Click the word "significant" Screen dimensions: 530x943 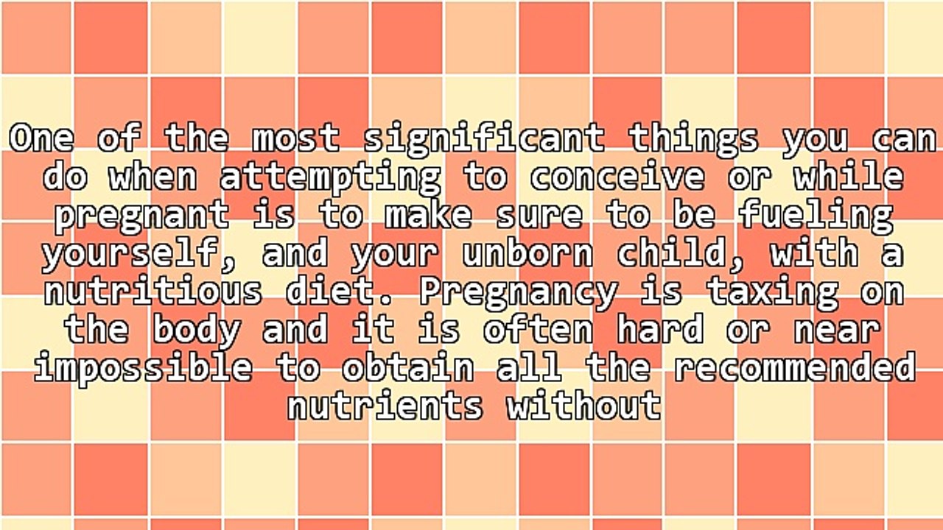pyautogui.click(x=483, y=139)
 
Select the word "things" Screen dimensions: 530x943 pyautogui.click(x=693, y=139)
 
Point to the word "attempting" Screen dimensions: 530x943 pyautogui.click(x=329, y=177)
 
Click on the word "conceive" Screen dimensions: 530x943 pyautogui.click(x=615, y=177)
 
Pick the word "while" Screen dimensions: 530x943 pyautogui.click(x=847, y=177)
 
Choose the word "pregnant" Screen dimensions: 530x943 pyautogui.click(x=141, y=216)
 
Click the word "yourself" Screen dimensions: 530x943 pyautogui.click(x=141, y=254)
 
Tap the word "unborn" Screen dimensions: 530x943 pyautogui.click(x=527, y=254)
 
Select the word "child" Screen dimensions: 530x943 pyautogui.click(x=681, y=254)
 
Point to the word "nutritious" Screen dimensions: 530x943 pyautogui.click(x=153, y=292)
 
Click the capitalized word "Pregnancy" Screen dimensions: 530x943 pyautogui.click(x=516, y=292)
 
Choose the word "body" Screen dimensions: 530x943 pyautogui.click(x=196, y=331)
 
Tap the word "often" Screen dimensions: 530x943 pyautogui.click(x=538, y=331)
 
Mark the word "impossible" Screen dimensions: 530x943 pyautogui.click(x=142, y=367)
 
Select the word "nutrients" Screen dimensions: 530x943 pyautogui.click(x=384, y=406)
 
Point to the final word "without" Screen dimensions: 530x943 pyautogui.click(x=583, y=406)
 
